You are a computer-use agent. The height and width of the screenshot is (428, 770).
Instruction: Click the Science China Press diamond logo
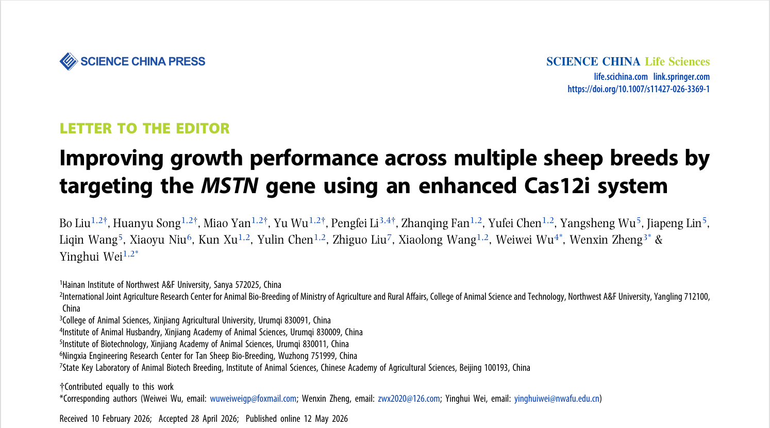point(69,61)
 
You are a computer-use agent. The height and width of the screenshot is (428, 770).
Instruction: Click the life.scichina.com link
point(621,77)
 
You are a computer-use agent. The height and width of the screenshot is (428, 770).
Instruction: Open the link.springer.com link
point(681,77)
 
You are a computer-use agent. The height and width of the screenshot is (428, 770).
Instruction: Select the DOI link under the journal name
point(639,89)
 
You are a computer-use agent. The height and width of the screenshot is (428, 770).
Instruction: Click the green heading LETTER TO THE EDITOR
point(144,128)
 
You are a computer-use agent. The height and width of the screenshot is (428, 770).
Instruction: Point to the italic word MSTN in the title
point(229,185)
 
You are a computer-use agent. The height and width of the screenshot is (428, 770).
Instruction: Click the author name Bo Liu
point(75,224)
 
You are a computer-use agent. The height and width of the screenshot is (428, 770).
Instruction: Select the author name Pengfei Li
point(355,224)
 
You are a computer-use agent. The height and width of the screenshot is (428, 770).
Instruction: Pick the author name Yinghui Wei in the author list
point(91,256)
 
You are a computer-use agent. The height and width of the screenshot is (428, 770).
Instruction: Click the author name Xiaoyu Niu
point(158,240)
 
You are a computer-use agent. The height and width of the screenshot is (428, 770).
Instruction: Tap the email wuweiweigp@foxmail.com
point(253,399)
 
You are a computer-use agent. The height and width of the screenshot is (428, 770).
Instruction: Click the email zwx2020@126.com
point(409,399)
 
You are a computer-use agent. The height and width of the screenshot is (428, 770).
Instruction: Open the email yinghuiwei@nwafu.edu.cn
point(557,399)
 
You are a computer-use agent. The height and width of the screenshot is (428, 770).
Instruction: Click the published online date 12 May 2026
point(326,419)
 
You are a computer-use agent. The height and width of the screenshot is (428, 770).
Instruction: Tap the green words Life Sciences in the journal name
point(677,61)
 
